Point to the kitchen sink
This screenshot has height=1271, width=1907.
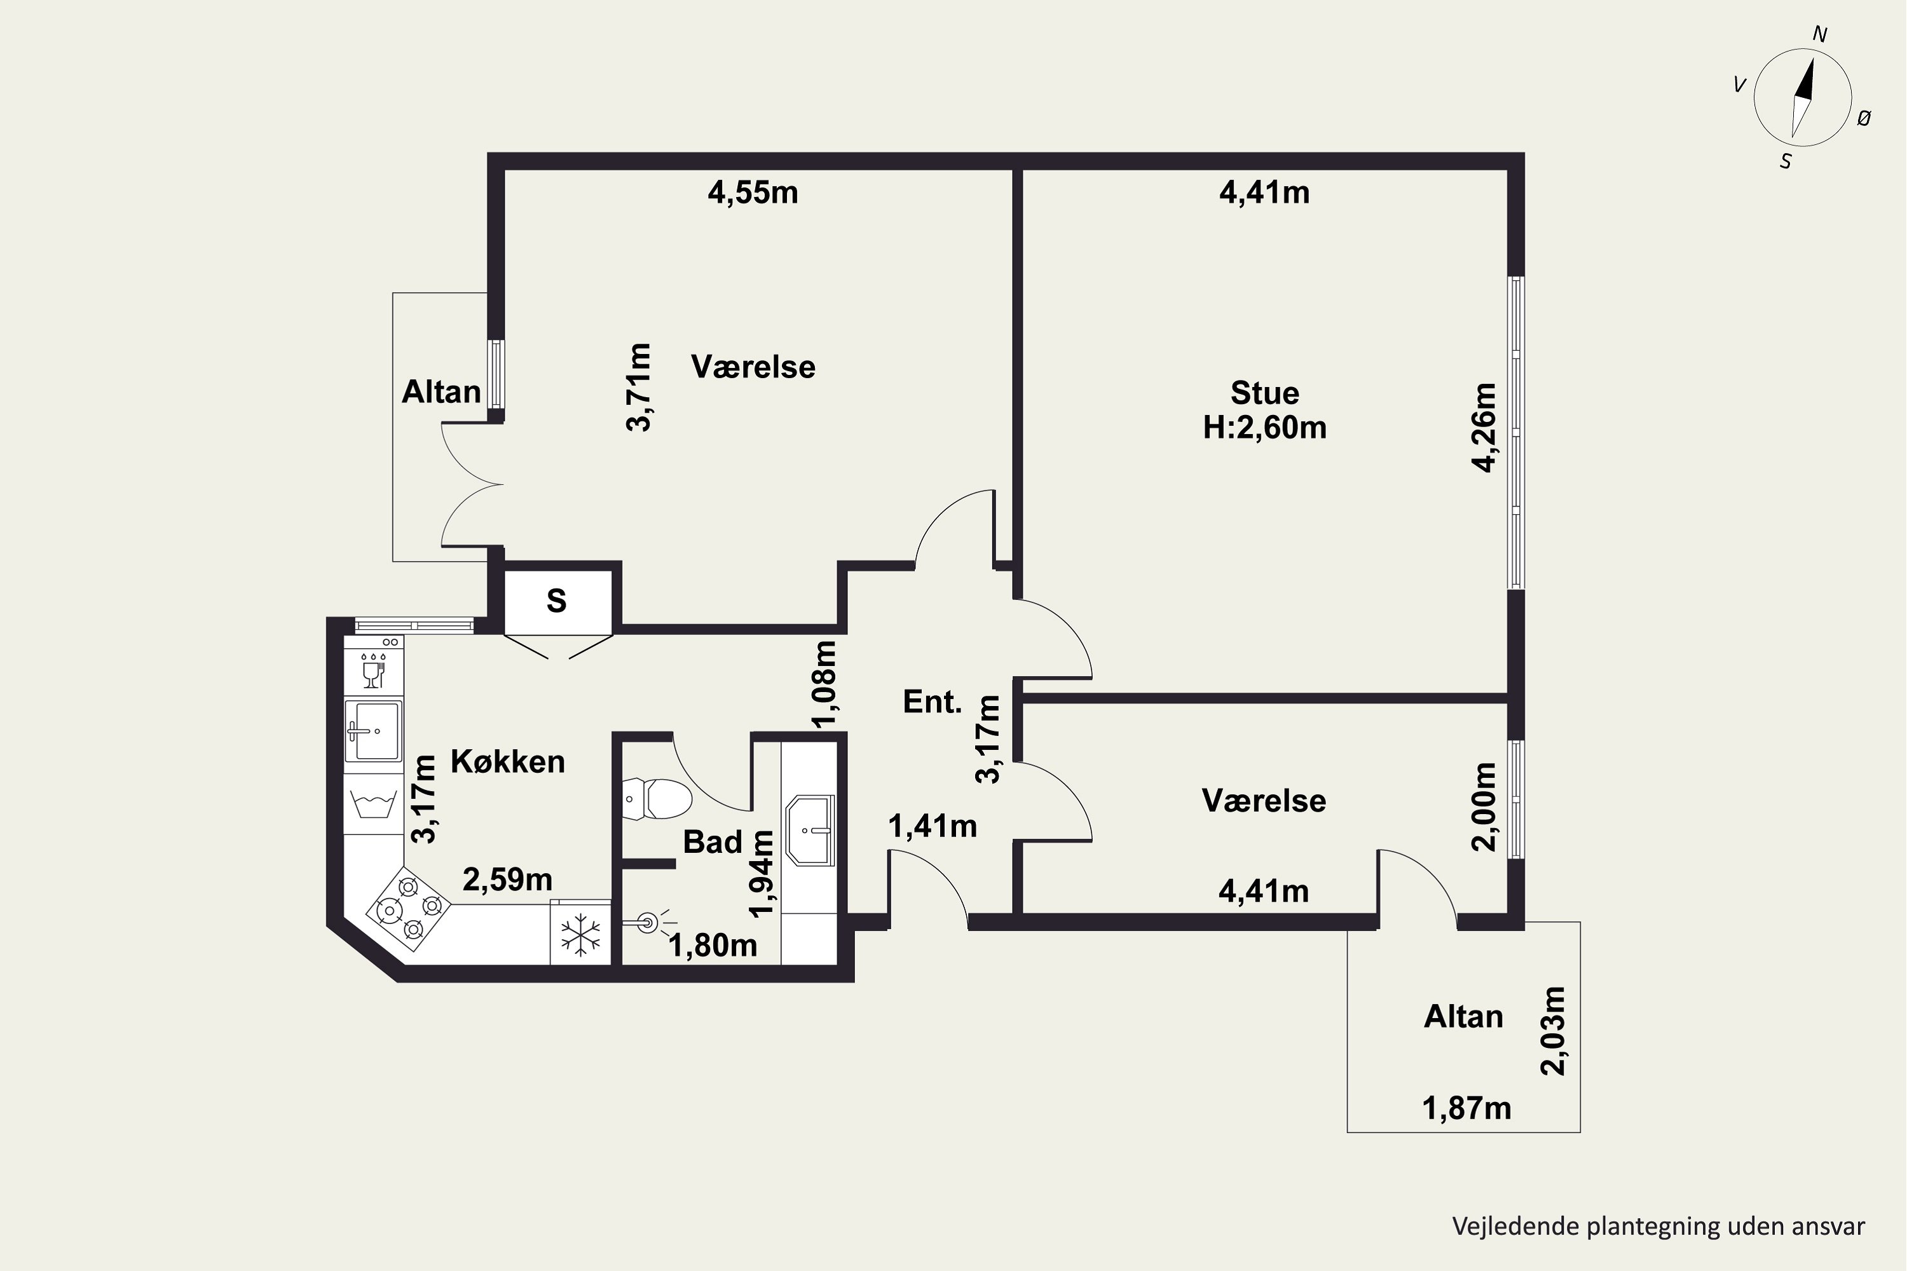(x=373, y=730)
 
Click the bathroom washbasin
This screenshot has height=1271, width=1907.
(x=810, y=830)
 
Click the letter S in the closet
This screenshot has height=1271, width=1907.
(x=556, y=601)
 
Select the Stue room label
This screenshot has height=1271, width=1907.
(x=1265, y=393)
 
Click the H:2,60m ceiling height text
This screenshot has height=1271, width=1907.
(x=1265, y=427)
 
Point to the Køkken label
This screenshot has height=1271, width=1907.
(x=507, y=762)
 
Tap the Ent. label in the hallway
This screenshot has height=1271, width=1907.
(x=933, y=702)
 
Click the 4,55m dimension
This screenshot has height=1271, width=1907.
(x=753, y=193)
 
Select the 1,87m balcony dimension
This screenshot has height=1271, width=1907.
(x=1466, y=1108)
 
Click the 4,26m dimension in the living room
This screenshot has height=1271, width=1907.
(x=1484, y=427)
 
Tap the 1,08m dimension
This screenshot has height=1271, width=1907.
(x=824, y=685)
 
